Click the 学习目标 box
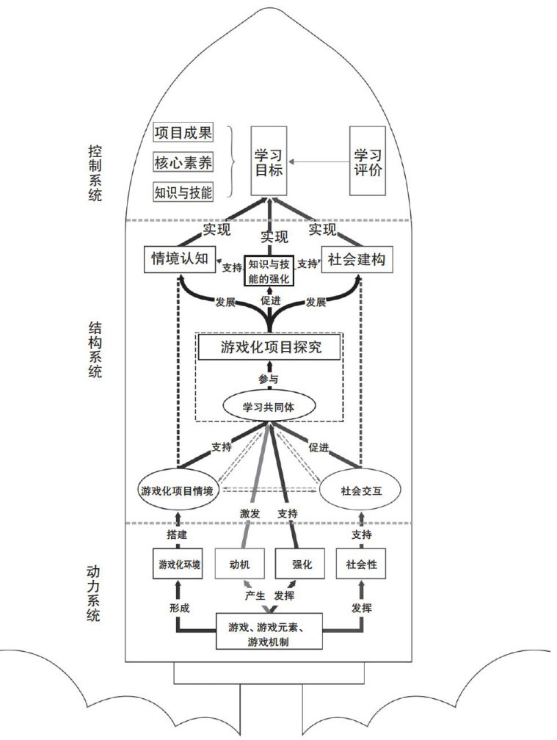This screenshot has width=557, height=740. pos(269,161)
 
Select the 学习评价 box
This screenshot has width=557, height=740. pos(368,161)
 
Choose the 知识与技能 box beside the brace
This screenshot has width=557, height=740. pos(183,192)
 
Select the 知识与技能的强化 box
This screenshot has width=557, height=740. pos(269,271)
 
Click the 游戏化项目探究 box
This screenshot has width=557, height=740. pos(270,348)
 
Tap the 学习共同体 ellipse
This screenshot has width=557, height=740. pos(269,406)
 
